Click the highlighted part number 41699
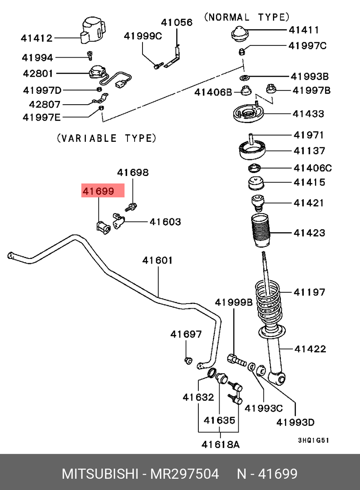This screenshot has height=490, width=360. [x=98, y=191]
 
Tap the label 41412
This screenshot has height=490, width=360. [x=37, y=38]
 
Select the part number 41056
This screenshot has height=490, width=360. [x=177, y=22]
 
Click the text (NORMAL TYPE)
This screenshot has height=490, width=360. [x=247, y=17]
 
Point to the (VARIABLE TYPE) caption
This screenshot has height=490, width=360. [x=107, y=138]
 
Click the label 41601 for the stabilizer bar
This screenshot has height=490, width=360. [x=157, y=260]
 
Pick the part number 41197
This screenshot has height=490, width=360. [x=309, y=292]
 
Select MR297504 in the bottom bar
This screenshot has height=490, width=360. [x=184, y=474]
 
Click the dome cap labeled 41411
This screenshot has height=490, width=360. [x=240, y=34]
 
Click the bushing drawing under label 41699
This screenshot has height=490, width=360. [x=102, y=227]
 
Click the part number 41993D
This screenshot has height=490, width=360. [x=295, y=422]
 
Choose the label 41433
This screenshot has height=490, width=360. [x=308, y=114]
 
